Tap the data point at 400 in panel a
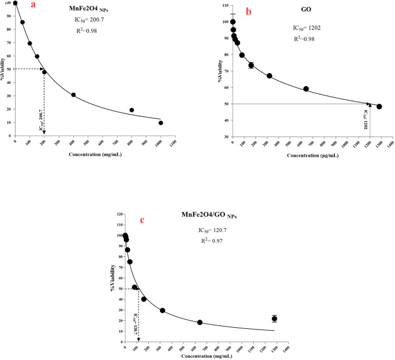tap(73, 95)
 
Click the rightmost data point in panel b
tap(379, 107)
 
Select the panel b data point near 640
tap(306, 89)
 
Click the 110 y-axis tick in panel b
tap(224, 5)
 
